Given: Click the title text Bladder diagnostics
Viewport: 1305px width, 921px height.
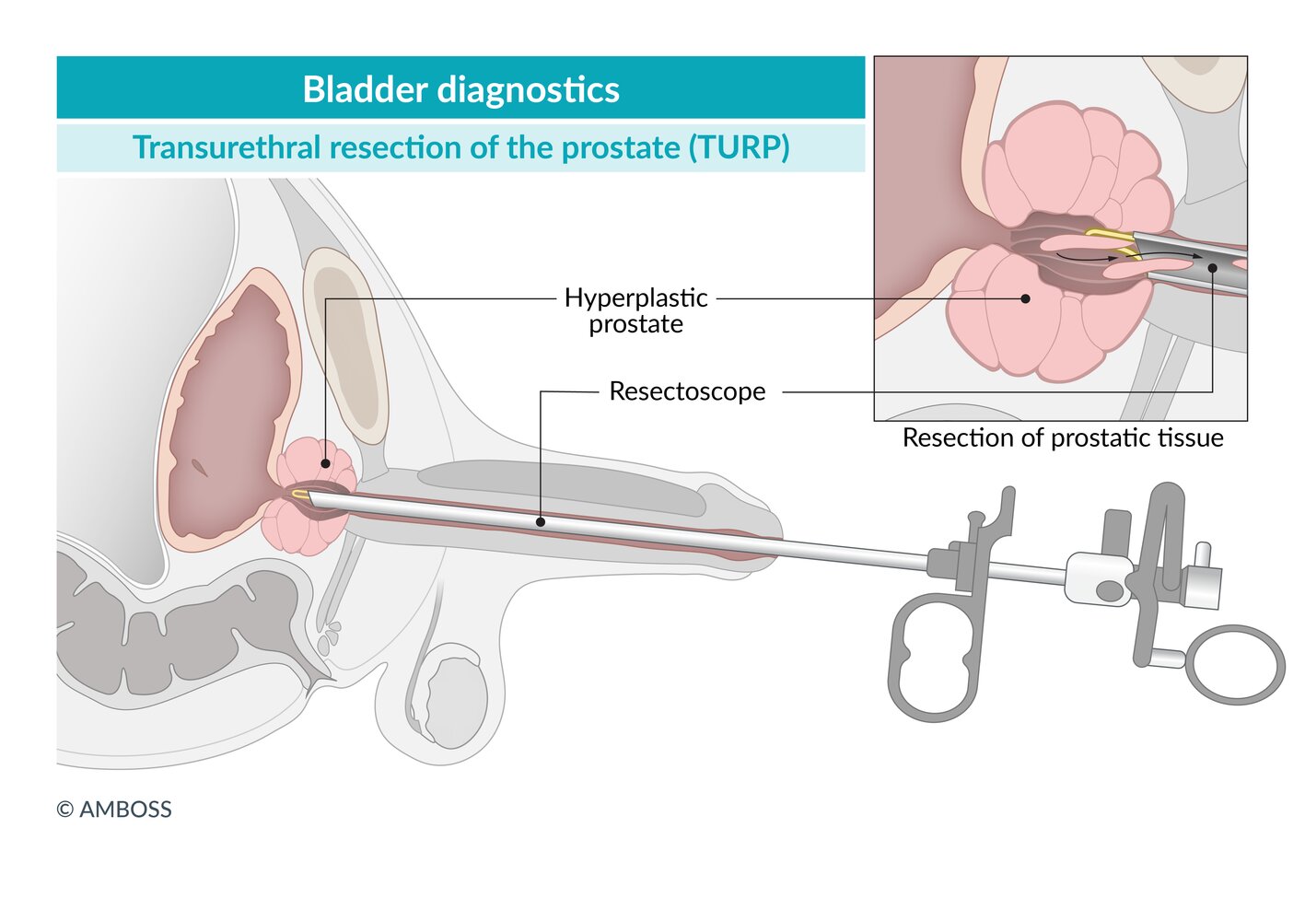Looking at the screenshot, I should coord(460,89).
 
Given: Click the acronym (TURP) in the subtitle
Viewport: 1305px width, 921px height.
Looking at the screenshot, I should coord(739,147).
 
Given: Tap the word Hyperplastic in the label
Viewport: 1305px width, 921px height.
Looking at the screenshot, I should coord(635,297).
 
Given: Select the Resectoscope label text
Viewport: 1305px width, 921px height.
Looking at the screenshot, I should coord(687,391).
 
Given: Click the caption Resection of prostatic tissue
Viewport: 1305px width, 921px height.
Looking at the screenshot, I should coord(1062,437).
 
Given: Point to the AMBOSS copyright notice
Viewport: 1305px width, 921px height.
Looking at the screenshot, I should coord(114,810).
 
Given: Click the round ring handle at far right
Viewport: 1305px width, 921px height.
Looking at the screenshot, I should coord(1234,664).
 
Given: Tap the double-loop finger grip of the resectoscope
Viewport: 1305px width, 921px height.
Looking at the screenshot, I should coord(933,656).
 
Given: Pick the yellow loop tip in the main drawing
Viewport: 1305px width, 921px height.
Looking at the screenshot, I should coord(300,495).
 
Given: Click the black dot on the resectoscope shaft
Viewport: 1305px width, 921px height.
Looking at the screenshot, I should coord(541,521).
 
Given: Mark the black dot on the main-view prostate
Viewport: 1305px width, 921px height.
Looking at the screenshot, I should coord(325,463).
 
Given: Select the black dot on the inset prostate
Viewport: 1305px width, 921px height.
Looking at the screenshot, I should coord(1025,298).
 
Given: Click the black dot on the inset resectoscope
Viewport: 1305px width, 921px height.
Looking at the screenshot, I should coord(1212,268).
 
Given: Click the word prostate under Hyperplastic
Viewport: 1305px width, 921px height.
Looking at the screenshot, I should coord(635,324).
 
